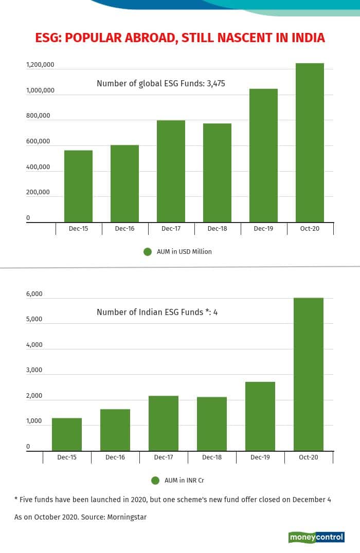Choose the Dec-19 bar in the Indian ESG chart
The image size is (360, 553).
[x=260, y=416]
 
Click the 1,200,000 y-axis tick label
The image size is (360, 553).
[x=41, y=65]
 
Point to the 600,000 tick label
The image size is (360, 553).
[x=39, y=141]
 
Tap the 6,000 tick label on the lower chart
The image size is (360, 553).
[x=34, y=294]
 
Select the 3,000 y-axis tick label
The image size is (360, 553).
[x=34, y=371]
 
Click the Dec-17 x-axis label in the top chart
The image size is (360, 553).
[x=171, y=228]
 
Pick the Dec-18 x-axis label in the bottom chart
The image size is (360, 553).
[x=212, y=457]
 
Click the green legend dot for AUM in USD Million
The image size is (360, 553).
[x=148, y=252]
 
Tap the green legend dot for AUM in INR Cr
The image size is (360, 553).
[x=155, y=481]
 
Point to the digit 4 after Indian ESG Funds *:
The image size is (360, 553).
[x=215, y=312]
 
